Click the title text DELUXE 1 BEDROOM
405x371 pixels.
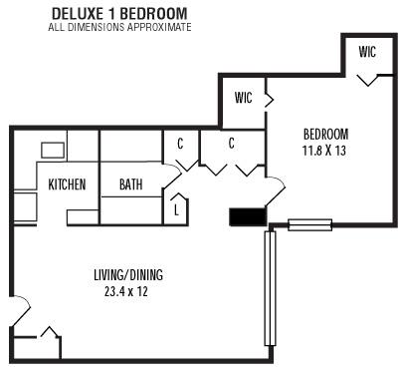point(119,14)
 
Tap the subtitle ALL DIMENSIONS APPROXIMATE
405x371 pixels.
point(119,27)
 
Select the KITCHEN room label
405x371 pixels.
point(67,185)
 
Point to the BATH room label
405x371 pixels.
point(130,185)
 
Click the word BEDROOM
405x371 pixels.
point(326,134)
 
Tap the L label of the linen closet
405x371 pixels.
point(176,210)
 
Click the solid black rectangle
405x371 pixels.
point(245,216)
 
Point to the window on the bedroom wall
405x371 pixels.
point(309,224)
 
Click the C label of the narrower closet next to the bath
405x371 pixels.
point(180,144)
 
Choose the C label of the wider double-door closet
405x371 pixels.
point(231,144)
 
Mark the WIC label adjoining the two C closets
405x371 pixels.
point(243,98)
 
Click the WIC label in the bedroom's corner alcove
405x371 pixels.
point(367,52)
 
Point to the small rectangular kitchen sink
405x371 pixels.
point(52,151)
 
